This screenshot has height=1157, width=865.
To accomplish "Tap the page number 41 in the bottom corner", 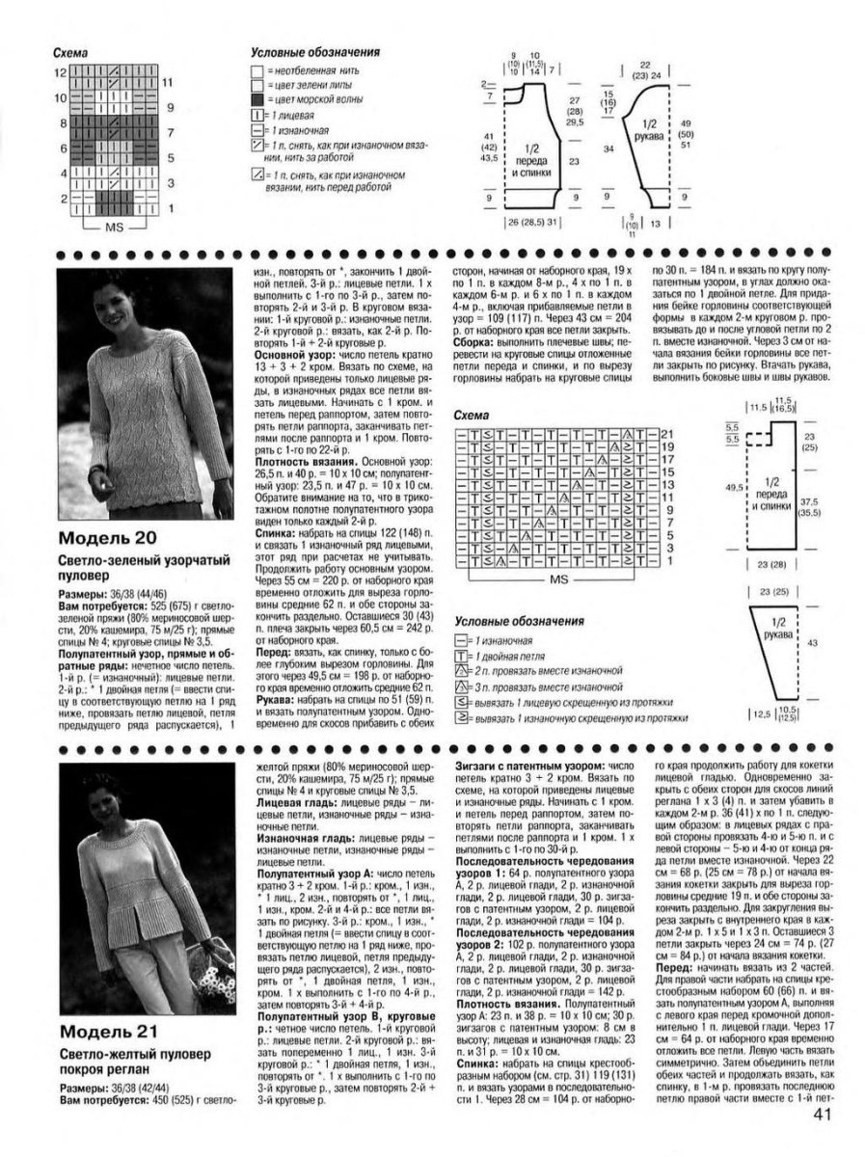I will point(823,1117).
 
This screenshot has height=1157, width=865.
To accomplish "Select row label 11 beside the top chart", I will point(166,84).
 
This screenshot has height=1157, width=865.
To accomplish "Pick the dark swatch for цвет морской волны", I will point(255,99).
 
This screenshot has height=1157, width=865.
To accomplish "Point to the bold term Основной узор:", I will point(289,355).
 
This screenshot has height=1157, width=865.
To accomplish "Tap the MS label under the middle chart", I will point(557,581).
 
